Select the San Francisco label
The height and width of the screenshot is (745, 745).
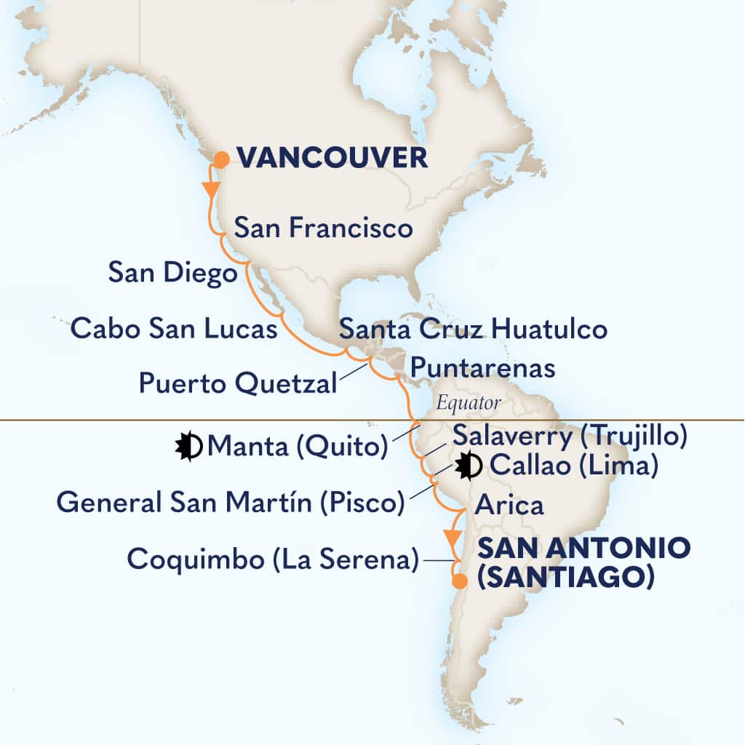323,228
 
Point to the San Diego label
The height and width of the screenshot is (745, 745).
172,273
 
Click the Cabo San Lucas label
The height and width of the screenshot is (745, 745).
174,329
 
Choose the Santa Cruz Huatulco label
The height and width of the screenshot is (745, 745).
473,329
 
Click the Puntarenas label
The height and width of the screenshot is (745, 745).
482,367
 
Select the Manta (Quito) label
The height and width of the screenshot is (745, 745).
297,446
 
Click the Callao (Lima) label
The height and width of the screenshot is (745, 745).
573,466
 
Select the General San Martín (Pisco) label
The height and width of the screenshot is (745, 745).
230,501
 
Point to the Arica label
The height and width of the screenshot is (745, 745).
509,504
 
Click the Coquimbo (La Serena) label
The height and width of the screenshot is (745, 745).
272,559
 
